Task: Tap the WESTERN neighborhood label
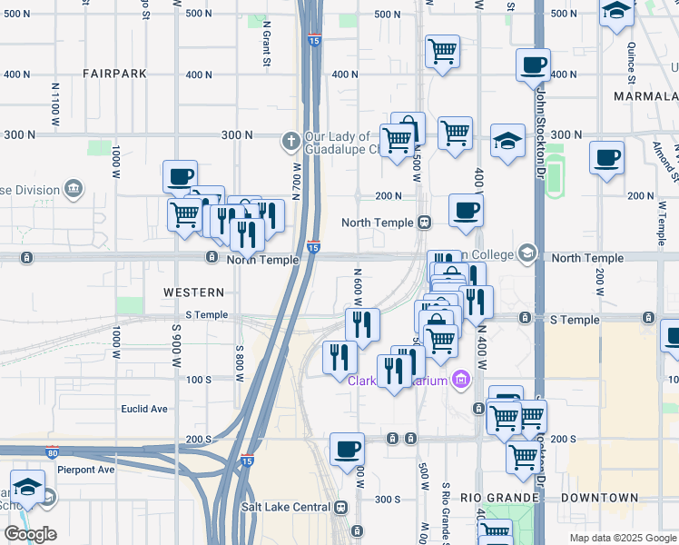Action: (193, 292)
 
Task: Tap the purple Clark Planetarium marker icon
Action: (461, 379)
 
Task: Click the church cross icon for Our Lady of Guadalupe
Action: (290, 140)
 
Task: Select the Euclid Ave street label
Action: (144, 409)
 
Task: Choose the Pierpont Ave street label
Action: (86, 470)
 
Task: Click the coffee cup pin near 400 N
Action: (533, 65)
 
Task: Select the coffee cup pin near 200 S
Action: (347, 449)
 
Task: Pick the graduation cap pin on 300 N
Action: (507, 141)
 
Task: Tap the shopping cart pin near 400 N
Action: (442, 51)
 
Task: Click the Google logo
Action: (30, 534)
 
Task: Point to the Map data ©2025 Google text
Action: (622, 538)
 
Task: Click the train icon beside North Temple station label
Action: (424, 223)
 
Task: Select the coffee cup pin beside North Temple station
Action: (466, 211)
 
